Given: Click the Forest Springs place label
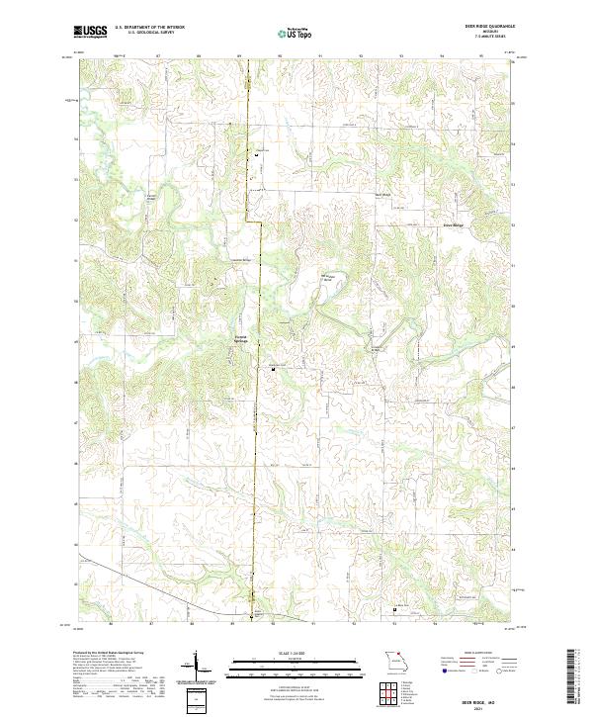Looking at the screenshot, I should (x=240, y=338).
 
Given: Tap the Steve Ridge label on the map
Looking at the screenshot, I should (x=453, y=224).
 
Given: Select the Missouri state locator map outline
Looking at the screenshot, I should (x=397, y=661).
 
